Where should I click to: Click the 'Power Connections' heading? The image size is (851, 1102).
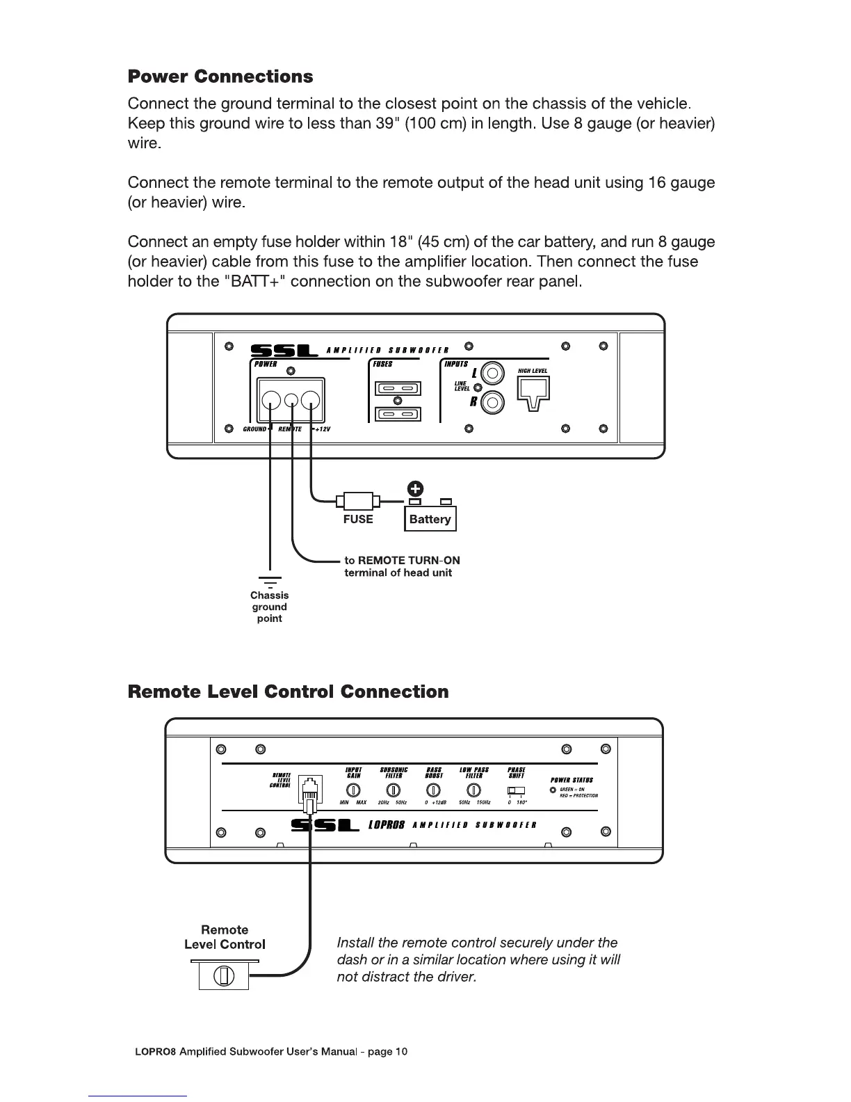coord(220,77)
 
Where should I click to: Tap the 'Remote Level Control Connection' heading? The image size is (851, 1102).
coord(289,692)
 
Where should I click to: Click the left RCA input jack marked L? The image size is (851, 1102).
coord(492,374)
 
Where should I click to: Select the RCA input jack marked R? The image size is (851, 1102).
coord(492,402)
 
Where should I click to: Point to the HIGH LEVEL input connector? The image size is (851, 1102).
coord(533,393)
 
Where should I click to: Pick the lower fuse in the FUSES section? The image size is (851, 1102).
coord(398,415)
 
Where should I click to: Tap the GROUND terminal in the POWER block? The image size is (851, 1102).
coord(270,399)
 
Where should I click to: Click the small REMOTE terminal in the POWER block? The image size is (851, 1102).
coord(292,399)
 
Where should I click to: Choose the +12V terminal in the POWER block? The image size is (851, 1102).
coord(311,399)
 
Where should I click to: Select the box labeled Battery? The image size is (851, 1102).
coord(430,519)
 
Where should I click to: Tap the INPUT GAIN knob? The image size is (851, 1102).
coord(352,790)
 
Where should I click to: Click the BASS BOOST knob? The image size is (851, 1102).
coord(433,790)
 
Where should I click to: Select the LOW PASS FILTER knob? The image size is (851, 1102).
coord(473,790)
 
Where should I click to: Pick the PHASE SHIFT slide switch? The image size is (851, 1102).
coord(515,790)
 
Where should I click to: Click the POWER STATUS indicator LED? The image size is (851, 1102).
coord(553,790)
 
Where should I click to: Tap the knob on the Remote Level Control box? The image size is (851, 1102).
coord(224,976)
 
